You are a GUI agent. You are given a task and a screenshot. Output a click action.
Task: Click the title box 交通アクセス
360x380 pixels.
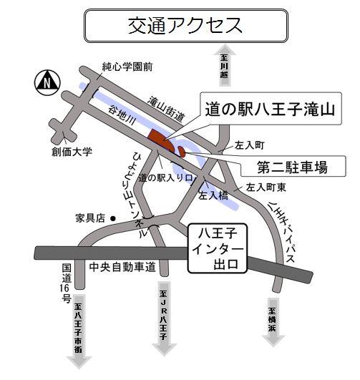[185, 26]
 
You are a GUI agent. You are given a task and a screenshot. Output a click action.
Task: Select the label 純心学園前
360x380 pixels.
[127, 67]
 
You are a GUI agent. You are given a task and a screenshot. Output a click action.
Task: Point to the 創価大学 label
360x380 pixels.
[72, 152]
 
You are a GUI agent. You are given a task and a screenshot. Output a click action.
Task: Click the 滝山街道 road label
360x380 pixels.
[167, 108]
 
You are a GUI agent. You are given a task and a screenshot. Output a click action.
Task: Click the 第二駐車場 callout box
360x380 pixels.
[292, 168]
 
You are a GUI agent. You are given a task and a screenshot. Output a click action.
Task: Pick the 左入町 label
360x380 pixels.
[250, 145]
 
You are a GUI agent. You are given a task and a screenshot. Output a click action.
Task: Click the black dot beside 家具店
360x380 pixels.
[113, 218]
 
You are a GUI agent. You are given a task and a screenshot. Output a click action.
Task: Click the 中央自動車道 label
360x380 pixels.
[122, 268]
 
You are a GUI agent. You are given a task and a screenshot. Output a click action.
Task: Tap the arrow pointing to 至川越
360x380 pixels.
[223, 65]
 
